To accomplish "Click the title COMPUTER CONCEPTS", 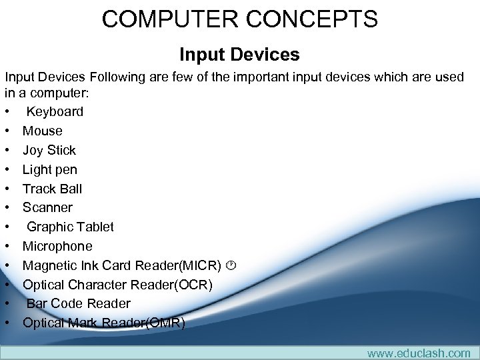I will [239, 19].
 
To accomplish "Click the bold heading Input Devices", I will [239, 54].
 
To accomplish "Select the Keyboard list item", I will [55, 111].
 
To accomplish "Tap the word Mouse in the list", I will [42, 131].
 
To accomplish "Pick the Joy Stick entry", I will [49, 150].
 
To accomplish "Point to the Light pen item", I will [49, 169].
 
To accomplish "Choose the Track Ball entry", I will [52, 189].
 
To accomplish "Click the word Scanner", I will [47, 207].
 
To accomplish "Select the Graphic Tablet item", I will [70, 227].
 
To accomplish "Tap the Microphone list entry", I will [57, 246].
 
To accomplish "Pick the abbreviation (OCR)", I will [192, 285].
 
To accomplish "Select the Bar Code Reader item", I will [78, 303].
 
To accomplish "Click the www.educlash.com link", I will [419, 353].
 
